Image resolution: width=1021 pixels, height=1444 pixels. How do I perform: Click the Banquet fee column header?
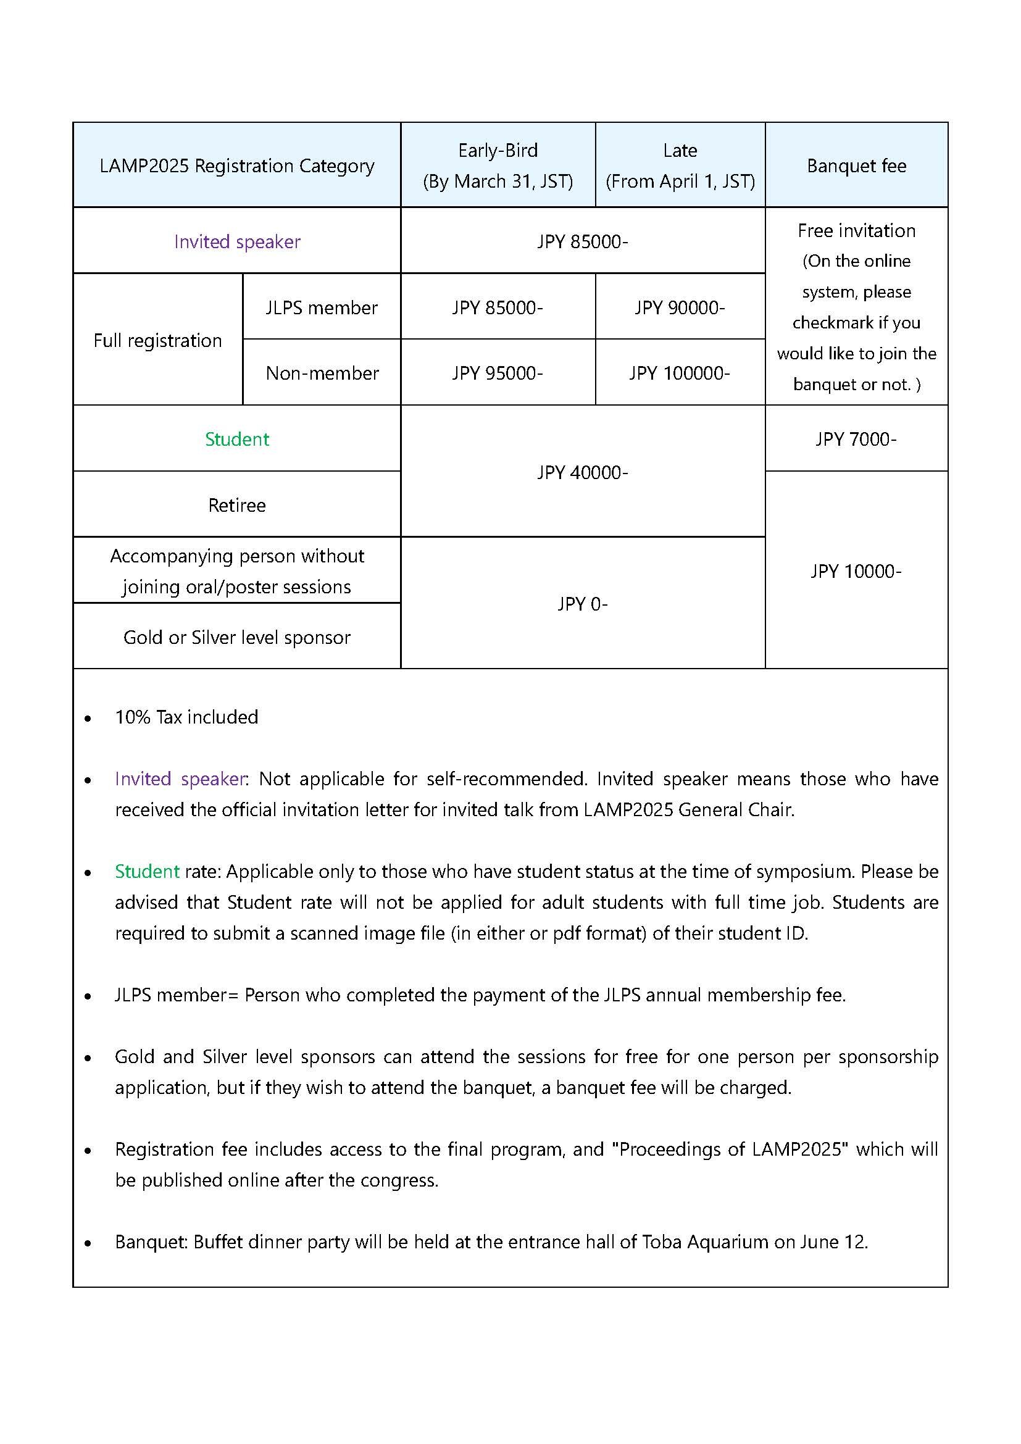tap(856, 165)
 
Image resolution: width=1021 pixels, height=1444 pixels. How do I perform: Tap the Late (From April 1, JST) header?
tap(680, 165)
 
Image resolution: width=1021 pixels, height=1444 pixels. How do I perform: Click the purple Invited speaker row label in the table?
tap(237, 241)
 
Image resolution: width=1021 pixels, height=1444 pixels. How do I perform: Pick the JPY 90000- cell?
tap(680, 307)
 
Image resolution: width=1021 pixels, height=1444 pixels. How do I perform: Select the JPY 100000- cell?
tap(680, 373)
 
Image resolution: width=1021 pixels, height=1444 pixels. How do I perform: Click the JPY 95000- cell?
tap(498, 373)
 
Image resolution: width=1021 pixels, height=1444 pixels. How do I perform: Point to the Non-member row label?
tap(322, 373)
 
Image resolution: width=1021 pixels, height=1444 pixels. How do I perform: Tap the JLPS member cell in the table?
tap(321, 307)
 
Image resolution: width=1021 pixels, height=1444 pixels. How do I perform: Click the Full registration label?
tap(158, 340)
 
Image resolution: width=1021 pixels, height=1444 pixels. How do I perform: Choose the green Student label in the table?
tap(237, 439)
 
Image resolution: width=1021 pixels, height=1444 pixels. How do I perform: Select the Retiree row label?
tap(237, 505)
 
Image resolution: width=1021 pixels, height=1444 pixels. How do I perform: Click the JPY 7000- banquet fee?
tap(856, 439)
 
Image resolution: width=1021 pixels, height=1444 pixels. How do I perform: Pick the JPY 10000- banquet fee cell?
tap(856, 571)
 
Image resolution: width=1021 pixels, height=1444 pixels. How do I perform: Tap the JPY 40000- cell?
tap(582, 472)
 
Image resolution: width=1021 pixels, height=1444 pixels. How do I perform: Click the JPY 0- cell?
tap(582, 604)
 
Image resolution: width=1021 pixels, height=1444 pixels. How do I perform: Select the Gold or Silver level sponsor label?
tap(237, 637)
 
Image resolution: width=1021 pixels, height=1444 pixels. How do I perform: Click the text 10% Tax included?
tap(186, 717)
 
